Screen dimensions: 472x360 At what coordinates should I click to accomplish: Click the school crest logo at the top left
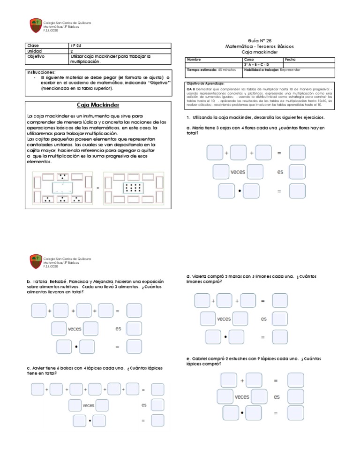(x=36, y=25)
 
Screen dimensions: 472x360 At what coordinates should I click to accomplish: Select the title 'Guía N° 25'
(x=255, y=41)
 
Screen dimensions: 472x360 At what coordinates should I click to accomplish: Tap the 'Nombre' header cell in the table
(x=194, y=60)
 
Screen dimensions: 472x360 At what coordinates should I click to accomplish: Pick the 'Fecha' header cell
(x=290, y=60)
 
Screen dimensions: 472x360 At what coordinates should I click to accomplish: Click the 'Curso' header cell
(x=249, y=60)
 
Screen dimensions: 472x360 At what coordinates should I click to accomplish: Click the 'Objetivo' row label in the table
(x=36, y=56)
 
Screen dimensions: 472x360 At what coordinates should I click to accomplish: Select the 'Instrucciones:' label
(x=41, y=73)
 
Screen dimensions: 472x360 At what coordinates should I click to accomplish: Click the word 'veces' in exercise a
(x=238, y=172)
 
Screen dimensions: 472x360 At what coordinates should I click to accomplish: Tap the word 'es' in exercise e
(x=277, y=397)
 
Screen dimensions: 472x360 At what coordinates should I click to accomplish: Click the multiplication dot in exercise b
(x=76, y=347)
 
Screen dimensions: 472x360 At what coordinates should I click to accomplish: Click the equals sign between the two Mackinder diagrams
(x=98, y=188)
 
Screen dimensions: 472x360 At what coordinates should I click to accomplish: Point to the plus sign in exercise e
(x=242, y=381)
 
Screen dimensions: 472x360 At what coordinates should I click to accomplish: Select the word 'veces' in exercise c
(x=89, y=405)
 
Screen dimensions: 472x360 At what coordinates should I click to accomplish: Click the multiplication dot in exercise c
(x=90, y=421)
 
